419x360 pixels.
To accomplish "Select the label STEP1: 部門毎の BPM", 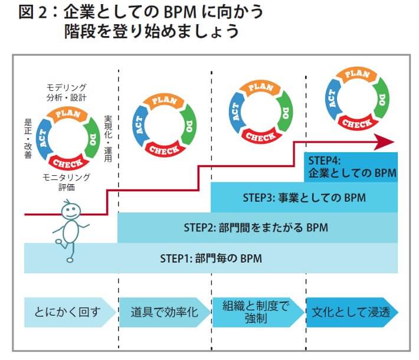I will (x=211, y=258).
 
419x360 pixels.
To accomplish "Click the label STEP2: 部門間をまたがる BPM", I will (x=256, y=228).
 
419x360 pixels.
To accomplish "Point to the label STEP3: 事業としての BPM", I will (x=304, y=197).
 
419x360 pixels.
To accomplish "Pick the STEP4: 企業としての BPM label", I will (x=352, y=168).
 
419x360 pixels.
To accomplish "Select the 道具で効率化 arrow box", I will (x=162, y=312).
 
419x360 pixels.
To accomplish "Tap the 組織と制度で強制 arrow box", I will (x=256, y=312).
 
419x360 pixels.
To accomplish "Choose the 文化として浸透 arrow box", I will (x=351, y=312).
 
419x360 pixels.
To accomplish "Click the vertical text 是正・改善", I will (x=27, y=138).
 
